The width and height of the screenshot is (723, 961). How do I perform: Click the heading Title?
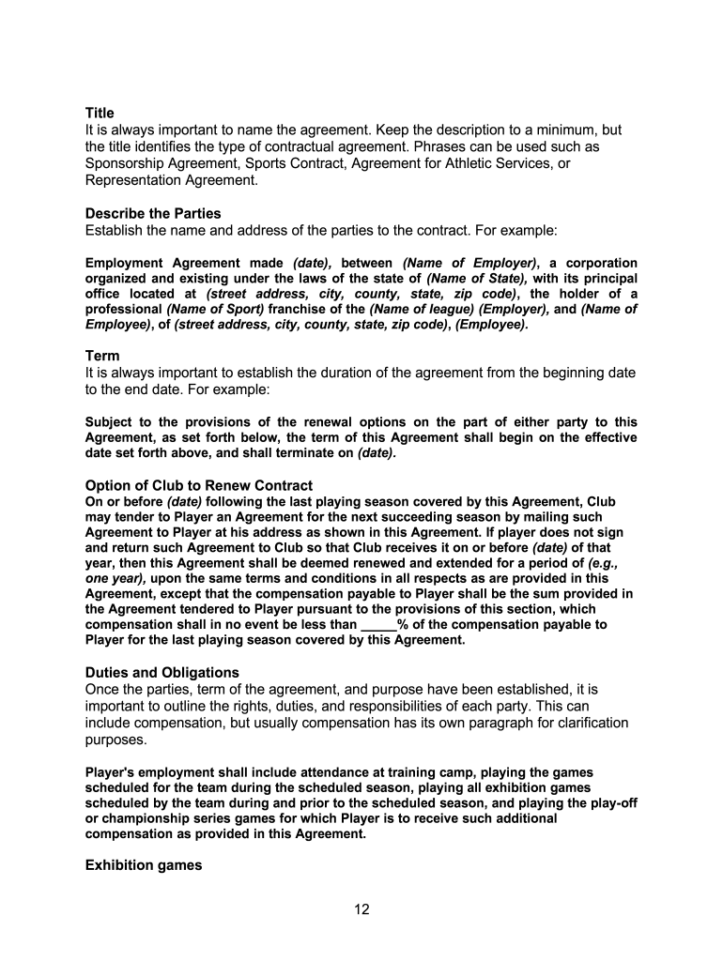point(100,113)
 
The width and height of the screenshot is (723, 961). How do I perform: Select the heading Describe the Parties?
point(153,213)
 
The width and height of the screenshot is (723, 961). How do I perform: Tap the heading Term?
point(102,356)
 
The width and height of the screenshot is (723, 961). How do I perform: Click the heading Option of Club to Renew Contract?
point(199,485)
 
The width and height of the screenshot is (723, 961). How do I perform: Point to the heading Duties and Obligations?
point(162,672)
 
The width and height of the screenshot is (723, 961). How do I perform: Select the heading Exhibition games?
point(144,864)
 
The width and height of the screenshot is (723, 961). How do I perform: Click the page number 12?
point(361,909)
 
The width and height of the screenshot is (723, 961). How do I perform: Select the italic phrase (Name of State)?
point(477,279)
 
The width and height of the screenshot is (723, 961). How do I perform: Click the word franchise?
point(299,309)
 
